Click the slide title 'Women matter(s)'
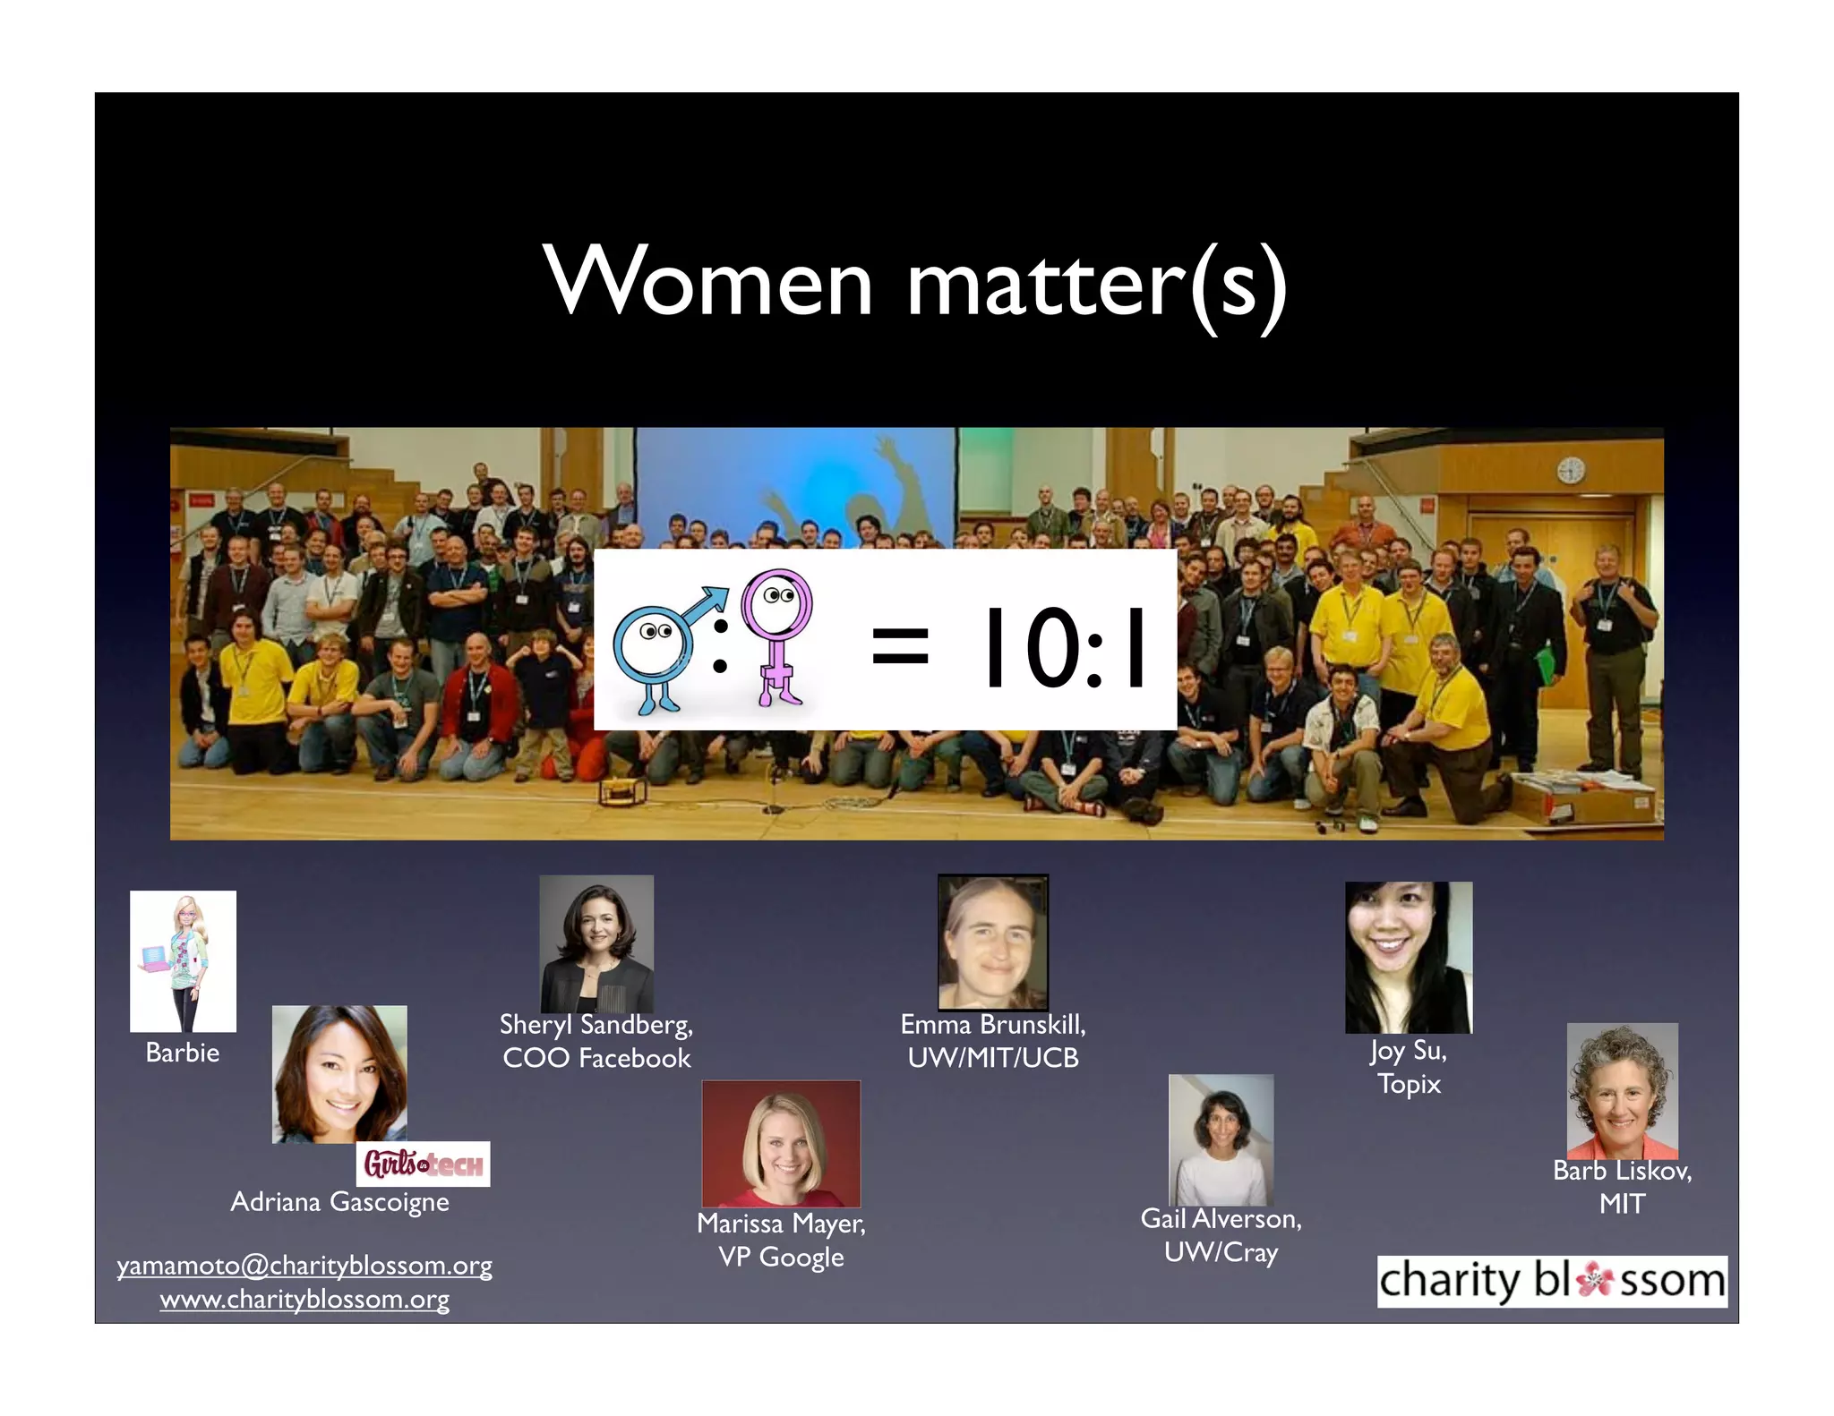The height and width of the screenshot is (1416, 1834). pyautogui.click(x=915, y=283)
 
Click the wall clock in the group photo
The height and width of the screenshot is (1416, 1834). pyautogui.click(x=1571, y=470)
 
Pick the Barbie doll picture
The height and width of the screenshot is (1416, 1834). pyautogui.click(x=183, y=960)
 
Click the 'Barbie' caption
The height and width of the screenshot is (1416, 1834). pyautogui.click(x=183, y=1053)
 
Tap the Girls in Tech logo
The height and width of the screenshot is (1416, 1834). pyautogui.click(x=423, y=1164)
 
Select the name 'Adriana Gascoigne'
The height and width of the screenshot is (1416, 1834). pyautogui.click(x=339, y=1201)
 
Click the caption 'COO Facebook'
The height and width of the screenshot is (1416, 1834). pyautogui.click(x=596, y=1058)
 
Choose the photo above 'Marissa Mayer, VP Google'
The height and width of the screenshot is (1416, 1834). pyautogui.click(x=781, y=1143)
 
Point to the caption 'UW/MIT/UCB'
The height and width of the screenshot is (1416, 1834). pyautogui.click(x=992, y=1058)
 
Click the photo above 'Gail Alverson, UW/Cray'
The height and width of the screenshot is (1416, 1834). pyautogui.click(x=1221, y=1139)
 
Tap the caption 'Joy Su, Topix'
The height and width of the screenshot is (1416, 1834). pyautogui.click(x=1409, y=1067)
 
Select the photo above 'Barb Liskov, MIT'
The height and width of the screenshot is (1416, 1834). pyautogui.click(x=1622, y=1090)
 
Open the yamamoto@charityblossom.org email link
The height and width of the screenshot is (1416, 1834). pyautogui.click(x=304, y=1266)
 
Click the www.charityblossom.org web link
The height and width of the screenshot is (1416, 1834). pyautogui.click(x=304, y=1299)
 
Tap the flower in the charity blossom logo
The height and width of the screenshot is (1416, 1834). pyautogui.click(x=1594, y=1280)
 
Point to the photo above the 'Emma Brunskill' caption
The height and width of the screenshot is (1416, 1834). pyautogui.click(x=992, y=943)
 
